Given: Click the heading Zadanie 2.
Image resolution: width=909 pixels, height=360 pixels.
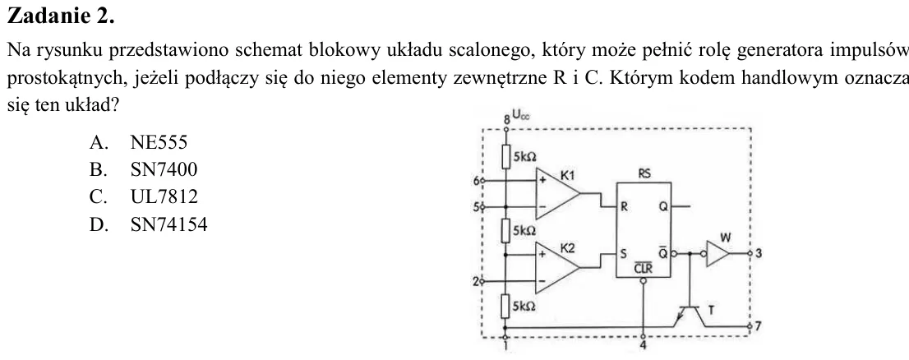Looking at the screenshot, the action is (x=60, y=16).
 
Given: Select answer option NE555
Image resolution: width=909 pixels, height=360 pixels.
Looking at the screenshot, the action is (x=159, y=143).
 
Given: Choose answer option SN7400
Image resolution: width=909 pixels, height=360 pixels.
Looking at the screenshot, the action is (x=164, y=170).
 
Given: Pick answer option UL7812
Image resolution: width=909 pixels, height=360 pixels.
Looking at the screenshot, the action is (x=164, y=197).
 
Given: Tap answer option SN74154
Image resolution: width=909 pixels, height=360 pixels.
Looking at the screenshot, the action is (x=168, y=225).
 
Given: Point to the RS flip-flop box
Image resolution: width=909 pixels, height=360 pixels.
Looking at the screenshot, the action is (x=644, y=230).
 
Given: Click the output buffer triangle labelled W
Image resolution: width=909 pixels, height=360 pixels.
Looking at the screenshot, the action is (x=718, y=254).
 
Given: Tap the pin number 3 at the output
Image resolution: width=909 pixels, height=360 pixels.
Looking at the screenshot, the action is (x=759, y=253).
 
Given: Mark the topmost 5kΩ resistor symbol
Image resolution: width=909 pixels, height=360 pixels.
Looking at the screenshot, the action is (x=506, y=155).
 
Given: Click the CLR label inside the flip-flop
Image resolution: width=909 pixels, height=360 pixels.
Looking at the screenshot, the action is (x=643, y=269).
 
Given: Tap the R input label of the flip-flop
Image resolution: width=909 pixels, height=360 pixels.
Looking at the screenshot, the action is (x=625, y=206).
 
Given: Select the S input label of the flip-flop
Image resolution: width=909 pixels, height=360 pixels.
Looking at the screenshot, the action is (x=624, y=253).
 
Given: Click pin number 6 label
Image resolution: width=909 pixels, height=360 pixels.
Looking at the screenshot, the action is (x=477, y=181).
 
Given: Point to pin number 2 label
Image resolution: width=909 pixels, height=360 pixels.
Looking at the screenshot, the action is (x=476, y=282).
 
